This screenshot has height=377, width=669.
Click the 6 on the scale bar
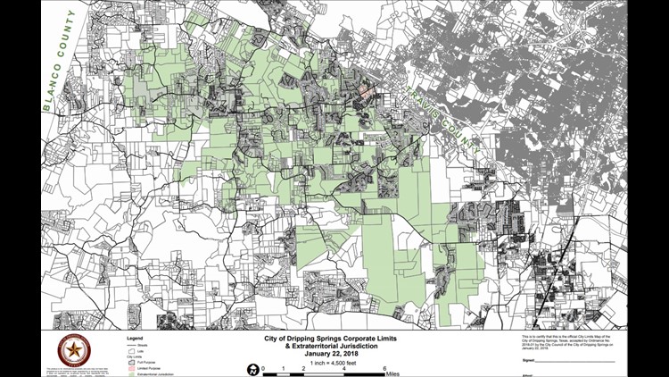coord(384,369)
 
